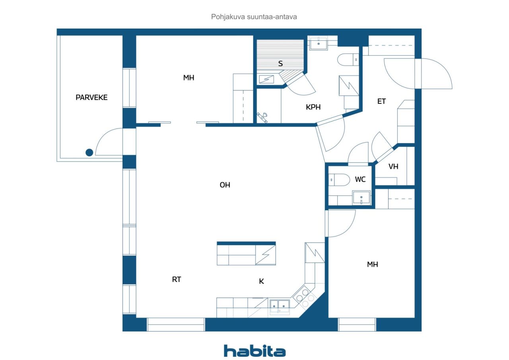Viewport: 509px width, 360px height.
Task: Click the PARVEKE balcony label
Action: click(91, 97)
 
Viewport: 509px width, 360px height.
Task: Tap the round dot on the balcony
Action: click(89, 152)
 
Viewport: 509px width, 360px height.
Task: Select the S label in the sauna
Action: click(280, 64)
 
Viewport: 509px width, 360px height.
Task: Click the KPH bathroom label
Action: click(313, 107)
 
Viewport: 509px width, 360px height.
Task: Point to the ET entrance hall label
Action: click(381, 101)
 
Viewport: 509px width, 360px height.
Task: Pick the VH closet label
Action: click(393, 167)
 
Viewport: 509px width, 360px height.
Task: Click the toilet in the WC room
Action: click(339, 180)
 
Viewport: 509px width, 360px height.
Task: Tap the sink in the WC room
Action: click(361, 197)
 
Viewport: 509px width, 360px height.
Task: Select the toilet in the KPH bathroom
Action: click(348, 60)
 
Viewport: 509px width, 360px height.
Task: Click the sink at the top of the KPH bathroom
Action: click(319, 43)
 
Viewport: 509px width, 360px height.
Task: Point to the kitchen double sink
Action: click(280, 307)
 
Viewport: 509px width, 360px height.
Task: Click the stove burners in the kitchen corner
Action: click(305, 297)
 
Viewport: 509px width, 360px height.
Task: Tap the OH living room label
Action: click(225, 185)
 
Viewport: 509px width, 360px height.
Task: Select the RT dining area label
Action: click(177, 279)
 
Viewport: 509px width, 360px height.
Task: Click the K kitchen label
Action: click(261, 281)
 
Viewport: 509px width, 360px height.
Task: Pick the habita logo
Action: click(255, 351)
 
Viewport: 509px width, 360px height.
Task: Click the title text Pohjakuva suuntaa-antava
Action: click(254, 17)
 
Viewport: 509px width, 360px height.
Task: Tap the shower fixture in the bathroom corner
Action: click(262, 117)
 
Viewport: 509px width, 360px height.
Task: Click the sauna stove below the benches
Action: click(266, 79)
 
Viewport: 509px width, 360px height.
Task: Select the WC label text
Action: click(360, 179)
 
